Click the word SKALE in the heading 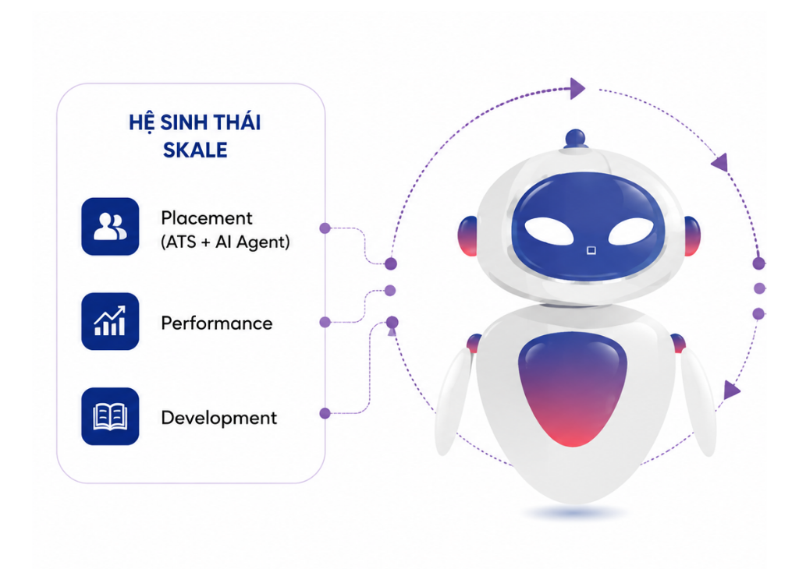tap(195, 150)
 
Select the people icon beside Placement tap(110, 227)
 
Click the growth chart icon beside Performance tap(110, 321)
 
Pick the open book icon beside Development tap(110, 416)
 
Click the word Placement tap(206, 217)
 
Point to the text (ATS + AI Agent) tap(225, 242)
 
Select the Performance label tap(217, 323)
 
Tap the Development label tap(219, 418)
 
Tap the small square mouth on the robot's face tap(591, 250)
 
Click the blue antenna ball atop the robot tap(575, 138)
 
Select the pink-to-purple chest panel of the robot tap(572, 387)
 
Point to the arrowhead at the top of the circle tap(578, 89)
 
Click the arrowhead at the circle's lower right tap(732, 391)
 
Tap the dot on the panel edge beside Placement tap(325, 228)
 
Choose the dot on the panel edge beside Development tap(325, 413)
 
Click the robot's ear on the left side tap(468, 236)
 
